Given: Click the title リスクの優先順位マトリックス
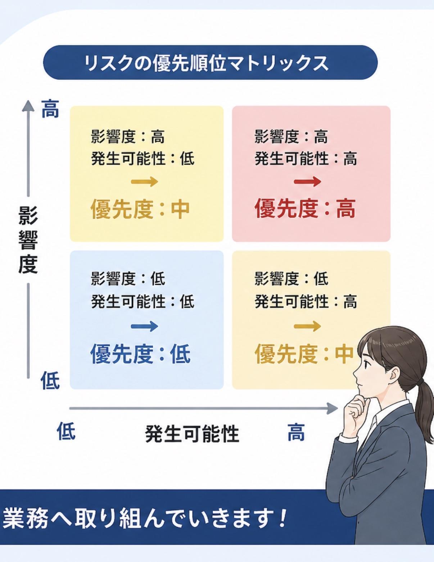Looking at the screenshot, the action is (206, 63).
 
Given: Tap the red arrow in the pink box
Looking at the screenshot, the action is (307, 182).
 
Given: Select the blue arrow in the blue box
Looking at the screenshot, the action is (144, 326).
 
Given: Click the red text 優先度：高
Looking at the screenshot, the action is (306, 209).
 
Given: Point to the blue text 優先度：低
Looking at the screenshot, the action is (140, 353).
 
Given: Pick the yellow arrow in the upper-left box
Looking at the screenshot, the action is (144, 182).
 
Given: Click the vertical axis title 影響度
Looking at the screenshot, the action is (28, 239).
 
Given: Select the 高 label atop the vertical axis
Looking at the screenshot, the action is (50, 109).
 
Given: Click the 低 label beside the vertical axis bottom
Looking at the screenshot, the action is (50, 380).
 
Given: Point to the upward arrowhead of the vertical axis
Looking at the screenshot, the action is (28, 106).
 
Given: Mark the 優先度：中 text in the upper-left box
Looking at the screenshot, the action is (140, 209).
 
